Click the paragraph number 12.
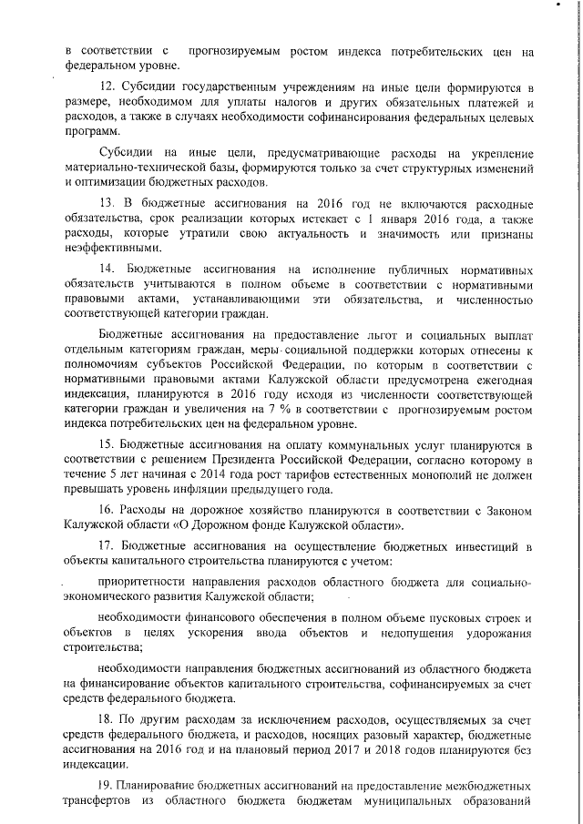(x=105, y=86)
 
